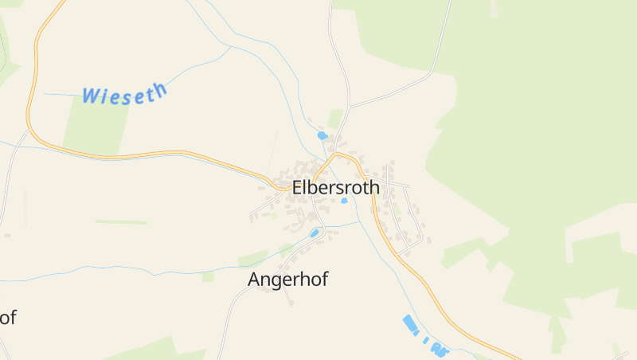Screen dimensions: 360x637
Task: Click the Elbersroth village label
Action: [x=336, y=188]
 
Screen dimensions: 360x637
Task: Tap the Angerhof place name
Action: [x=287, y=280]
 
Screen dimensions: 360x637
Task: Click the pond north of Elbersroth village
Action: [x=322, y=135]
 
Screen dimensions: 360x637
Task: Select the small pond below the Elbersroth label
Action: [x=344, y=201]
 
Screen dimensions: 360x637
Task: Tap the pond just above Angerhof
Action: [x=315, y=233]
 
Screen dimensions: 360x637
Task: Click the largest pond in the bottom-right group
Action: [x=410, y=323]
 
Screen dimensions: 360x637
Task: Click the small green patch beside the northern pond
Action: [x=335, y=119]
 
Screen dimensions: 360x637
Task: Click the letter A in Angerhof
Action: [x=255, y=280]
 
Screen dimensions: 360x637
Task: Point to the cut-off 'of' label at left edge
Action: [x=7, y=317]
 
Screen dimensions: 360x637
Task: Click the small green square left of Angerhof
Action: [x=208, y=276]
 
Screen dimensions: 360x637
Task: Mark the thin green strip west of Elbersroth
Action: [x=121, y=221]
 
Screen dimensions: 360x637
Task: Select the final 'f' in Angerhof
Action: [x=324, y=279]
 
